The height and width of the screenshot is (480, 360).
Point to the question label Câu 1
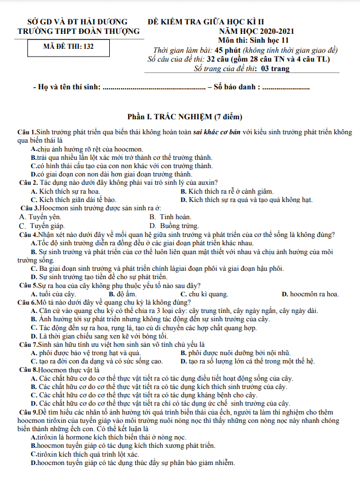point(27,132)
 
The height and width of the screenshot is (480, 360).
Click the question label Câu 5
point(27,286)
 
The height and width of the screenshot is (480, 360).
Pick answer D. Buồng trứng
point(174,226)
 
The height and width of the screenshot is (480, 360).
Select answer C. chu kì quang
point(204,294)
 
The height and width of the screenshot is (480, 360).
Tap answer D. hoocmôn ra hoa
point(310,294)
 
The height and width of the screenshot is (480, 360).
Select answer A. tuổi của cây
point(53,294)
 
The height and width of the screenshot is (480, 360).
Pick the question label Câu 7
point(27,344)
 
